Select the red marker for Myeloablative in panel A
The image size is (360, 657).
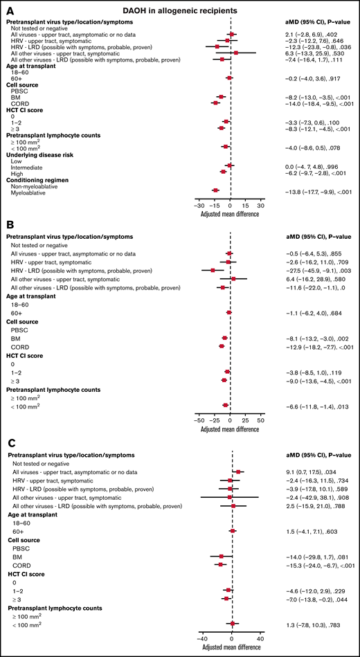coord(215,190)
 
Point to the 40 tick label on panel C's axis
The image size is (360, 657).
coord(261,638)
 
